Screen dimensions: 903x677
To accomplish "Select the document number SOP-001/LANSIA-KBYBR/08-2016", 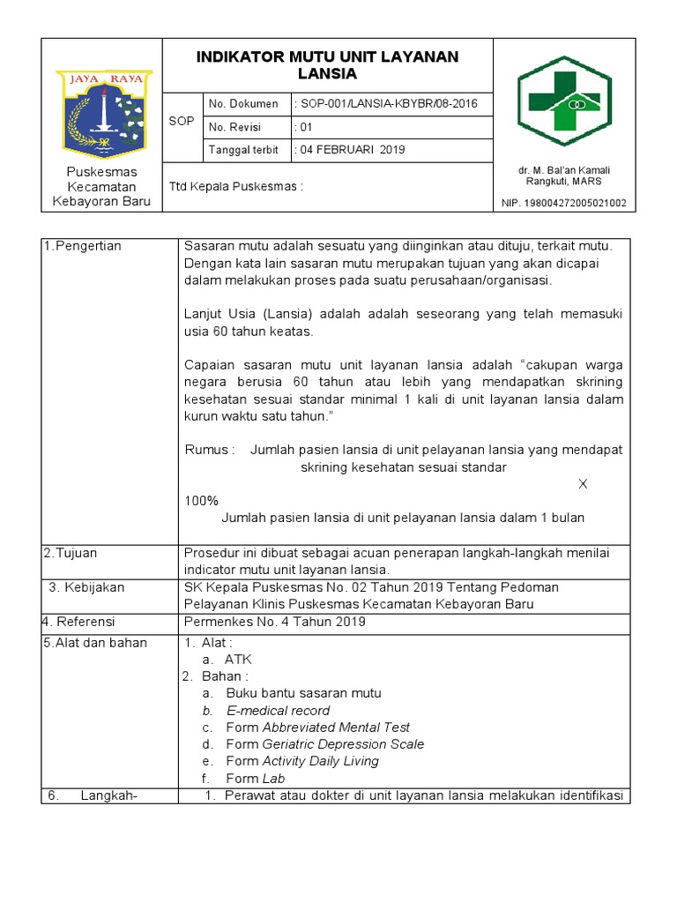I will click(x=387, y=104).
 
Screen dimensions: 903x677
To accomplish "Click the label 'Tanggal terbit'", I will click(x=243, y=150).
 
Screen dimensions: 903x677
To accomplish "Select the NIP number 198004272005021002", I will click(x=577, y=203).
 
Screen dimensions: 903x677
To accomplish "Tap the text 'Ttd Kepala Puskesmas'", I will click(x=235, y=186).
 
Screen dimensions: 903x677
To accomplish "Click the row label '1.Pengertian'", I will click(x=83, y=246).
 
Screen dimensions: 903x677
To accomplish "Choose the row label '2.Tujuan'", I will click(x=71, y=553).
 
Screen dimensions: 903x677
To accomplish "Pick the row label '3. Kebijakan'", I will click(x=86, y=587).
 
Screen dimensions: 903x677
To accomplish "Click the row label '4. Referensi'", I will click(x=82, y=622).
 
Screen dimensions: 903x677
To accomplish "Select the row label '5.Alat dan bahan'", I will click(x=95, y=643).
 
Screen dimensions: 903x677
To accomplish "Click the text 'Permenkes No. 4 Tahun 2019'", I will click(x=274, y=622).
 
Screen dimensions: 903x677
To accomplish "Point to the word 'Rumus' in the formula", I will click(x=209, y=450).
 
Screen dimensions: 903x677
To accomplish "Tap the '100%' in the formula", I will click(x=201, y=501).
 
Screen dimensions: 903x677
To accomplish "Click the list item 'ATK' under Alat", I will click(x=238, y=660).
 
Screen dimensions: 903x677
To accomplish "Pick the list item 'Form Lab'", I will click(x=255, y=779).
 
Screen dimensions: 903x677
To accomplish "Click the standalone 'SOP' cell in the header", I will click(x=181, y=121).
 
